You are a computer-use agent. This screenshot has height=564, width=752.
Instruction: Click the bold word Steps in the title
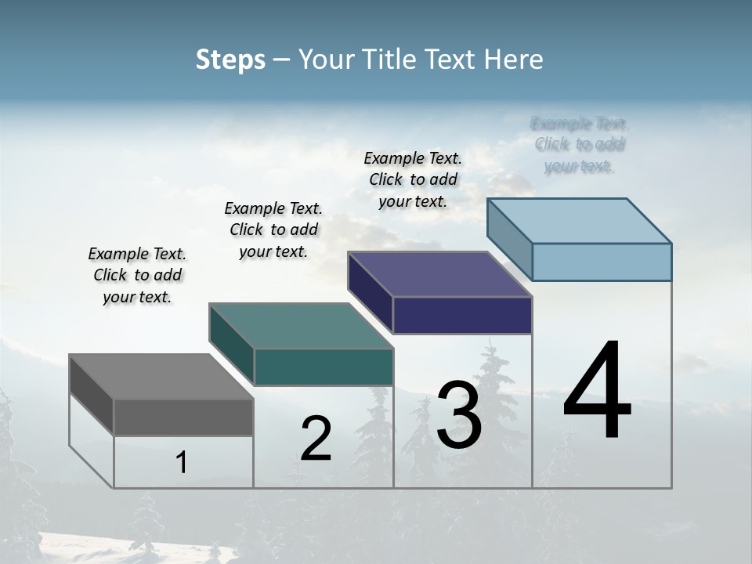pos(230,60)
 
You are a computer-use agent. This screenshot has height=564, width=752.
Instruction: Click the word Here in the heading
pos(515,60)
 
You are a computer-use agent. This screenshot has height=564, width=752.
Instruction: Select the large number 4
pos(597,392)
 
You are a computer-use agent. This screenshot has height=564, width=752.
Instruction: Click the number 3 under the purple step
pos(459,415)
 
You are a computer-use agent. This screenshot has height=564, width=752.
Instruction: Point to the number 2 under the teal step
pos(316,439)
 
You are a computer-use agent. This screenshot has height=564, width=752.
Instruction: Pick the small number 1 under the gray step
pos(182,462)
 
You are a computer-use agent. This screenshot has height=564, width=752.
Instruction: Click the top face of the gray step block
pos(161,377)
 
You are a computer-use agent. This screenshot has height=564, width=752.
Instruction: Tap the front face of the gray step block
pos(183,418)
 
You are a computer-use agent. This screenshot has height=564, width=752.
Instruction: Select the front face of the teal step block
pos(324,367)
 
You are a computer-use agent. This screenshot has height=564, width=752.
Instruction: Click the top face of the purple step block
pos(439,274)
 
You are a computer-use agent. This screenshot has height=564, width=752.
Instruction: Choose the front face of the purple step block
pos(462,315)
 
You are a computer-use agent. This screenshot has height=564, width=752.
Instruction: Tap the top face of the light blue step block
pos(579,221)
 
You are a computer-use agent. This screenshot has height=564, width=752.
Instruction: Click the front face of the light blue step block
pos(602,262)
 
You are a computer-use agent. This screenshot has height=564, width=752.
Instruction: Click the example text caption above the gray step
pos(137,275)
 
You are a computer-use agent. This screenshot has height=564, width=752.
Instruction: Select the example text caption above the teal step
pos(273,230)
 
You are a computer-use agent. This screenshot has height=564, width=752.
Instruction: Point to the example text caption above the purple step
pos(413,179)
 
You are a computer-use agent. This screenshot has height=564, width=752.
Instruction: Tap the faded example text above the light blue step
pos(580,145)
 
